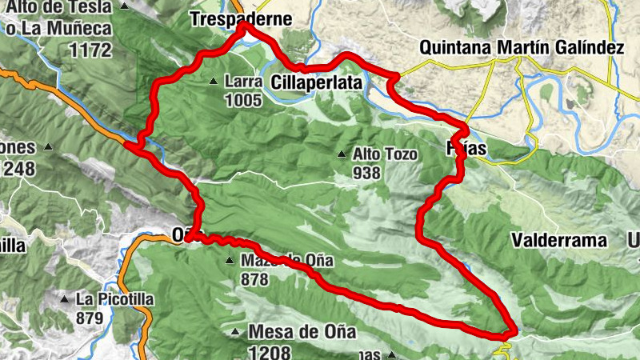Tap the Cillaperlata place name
317,82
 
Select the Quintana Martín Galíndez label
522,48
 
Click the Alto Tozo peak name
384,154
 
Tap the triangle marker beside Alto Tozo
342,154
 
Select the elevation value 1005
243,100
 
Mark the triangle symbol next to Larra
214,82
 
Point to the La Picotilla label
114,299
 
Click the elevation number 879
90,318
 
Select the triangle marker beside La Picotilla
65,299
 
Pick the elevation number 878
254,280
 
